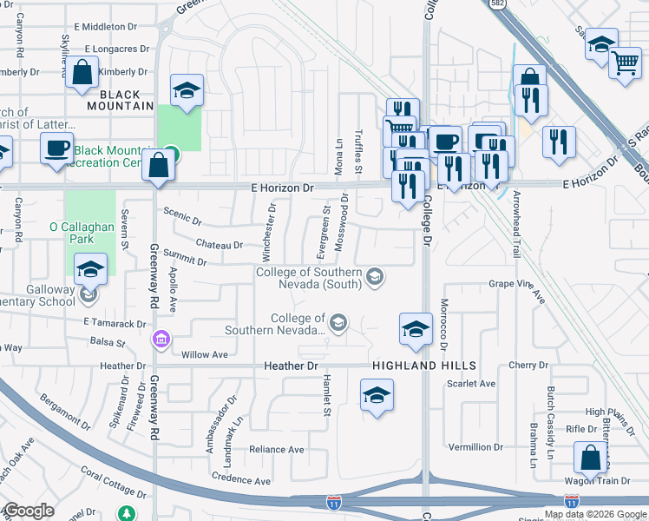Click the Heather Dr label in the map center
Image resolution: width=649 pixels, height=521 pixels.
click(291, 367)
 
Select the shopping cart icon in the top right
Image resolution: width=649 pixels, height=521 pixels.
click(625, 63)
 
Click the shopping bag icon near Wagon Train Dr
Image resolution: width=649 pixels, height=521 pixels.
click(590, 458)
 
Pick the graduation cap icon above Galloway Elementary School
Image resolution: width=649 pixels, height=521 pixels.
click(90, 270)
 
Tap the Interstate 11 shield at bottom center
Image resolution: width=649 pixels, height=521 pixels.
click(334, 502)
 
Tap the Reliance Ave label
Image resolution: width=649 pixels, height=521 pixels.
click(277, 450)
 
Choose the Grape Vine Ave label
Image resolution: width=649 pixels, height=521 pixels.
click(516, 287)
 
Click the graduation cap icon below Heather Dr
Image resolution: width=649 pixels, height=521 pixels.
click(376, 397)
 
